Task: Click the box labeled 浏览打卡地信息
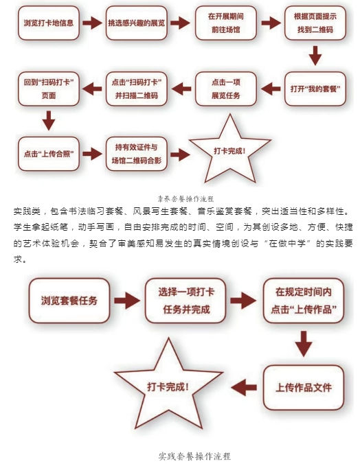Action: [x=49, y=23]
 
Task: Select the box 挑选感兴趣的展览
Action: [x=137, y=23]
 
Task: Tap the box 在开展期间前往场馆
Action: [x=226, y=23]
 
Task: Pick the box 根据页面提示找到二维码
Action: [x=315, y=23]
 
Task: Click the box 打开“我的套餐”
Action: [x=315, y=89]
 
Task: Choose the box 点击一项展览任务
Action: [x=226, y=89]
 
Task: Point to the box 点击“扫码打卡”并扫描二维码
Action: [x=137, y=89]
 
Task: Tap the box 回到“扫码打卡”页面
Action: [x=49, y=89]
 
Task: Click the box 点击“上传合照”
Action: [x=49, y=154]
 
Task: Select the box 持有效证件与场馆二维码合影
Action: [x=137, y=154]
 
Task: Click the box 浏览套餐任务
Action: [x=69, y=301]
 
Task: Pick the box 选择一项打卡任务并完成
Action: [x=185, y=301]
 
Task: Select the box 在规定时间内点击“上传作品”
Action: [x=304, y=301]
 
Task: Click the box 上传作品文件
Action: [x=304, y=388]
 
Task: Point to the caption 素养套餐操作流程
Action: [x=185, y=198]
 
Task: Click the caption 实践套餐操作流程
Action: [x=194, y=456]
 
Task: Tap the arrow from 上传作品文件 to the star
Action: [x=244, y=387]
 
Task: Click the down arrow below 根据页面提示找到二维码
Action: [x=315, y=56]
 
